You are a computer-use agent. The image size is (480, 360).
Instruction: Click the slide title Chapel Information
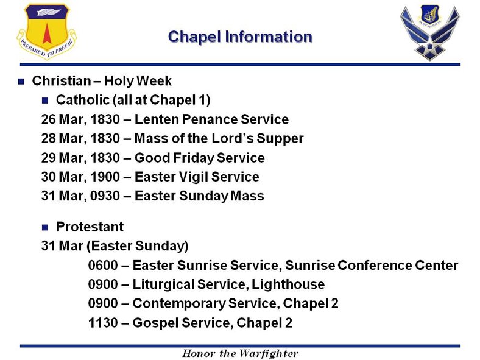point(239,37)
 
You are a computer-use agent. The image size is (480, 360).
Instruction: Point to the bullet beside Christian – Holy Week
point(21,81)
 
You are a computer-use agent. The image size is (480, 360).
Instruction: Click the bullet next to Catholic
point(45,100)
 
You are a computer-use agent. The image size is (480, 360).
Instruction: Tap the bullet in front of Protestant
point(45,228)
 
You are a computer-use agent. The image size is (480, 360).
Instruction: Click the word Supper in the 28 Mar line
point(281,138)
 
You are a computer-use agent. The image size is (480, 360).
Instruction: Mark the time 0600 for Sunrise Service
point(102,266)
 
